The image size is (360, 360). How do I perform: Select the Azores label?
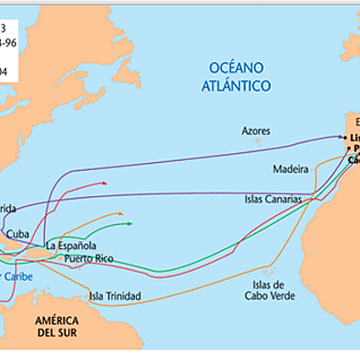point(256,130)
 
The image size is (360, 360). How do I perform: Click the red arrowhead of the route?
point(105,183)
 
